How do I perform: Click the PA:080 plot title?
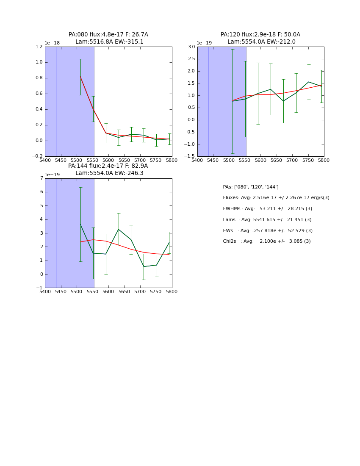click(108, 38)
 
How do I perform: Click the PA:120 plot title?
click(260, 38)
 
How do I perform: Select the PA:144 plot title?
click(108, 169)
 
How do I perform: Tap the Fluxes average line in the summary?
click(276, 198)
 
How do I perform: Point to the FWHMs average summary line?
click(267, 209)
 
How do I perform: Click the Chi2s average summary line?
click(267, 241)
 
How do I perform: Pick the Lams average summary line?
click(267, 220)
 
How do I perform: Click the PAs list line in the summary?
click(251, 187)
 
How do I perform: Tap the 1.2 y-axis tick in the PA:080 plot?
click(39, 47)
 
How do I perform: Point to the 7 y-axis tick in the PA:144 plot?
click(42, 178)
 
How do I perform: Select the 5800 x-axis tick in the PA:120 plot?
click(324, 161)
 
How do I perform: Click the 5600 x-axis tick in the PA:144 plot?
click(108, 292)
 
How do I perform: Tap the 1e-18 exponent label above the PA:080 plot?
click(52, 43)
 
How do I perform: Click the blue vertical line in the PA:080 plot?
click(56, 102)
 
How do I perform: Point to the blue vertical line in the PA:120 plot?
click(208, 102)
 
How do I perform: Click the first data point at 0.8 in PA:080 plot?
click(80, 77)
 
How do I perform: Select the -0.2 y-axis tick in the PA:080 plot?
click(38, 156)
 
